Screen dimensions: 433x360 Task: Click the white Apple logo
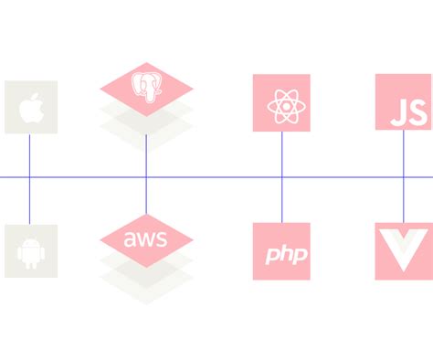(30, 108)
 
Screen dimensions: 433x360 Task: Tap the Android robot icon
(30, 250)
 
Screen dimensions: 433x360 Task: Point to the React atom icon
(281, 104)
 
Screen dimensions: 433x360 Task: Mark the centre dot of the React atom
(281, 105)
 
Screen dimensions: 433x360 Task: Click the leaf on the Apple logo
(34, 94)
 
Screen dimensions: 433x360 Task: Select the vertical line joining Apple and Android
(30, 155)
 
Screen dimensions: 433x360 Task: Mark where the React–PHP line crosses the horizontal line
(281, 176)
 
